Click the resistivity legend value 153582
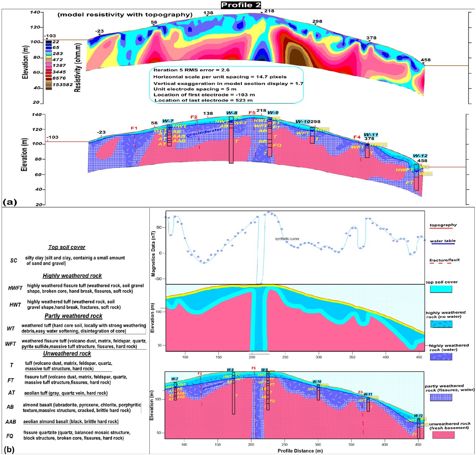point(62,85)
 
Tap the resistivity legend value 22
point(56,42)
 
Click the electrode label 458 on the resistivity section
point(425,60)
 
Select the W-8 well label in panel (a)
point(232,113)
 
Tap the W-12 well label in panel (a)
point(420,156)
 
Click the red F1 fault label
point(134,128)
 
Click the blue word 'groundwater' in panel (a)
point(204,132)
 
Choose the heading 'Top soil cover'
point(67,247)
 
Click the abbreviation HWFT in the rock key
point(15,288)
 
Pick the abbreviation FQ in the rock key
point(10,436)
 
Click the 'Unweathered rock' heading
point(67,354)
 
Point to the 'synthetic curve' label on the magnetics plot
point(287,239)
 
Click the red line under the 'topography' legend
point(443,228)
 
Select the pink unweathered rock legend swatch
point(443,435)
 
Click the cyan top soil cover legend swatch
point(441,289)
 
